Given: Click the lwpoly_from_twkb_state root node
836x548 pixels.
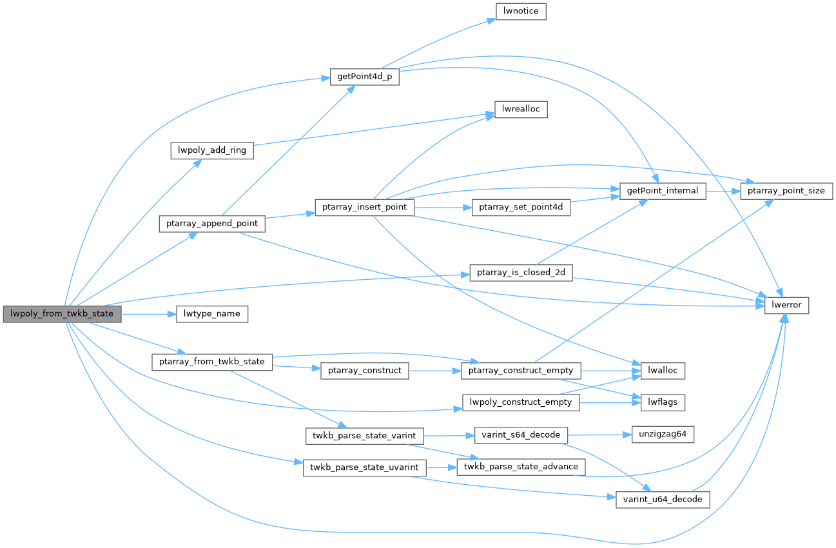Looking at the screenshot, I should point(62,314).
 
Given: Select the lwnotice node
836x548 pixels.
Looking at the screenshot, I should point(521,12).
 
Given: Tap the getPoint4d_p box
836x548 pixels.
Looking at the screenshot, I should point(364,77).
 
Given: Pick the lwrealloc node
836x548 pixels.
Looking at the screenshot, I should point(521,110).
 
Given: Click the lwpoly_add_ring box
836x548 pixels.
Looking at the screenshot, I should point(212,150).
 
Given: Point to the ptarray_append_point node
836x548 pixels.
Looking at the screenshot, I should point(211,224).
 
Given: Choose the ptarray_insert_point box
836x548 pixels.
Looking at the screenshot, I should point(364,208).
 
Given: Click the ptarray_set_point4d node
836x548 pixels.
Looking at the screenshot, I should point(521,208).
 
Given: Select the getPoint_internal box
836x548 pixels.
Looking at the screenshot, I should point(663,191).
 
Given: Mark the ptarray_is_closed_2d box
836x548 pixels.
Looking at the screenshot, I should point(521,273).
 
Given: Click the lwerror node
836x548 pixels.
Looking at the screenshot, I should point(786,306).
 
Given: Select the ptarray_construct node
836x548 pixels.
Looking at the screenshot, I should point(364,371).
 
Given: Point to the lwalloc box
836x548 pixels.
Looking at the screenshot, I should point(663,371).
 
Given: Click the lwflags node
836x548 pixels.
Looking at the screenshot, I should point(663,402).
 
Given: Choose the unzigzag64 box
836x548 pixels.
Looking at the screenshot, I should point(658,435).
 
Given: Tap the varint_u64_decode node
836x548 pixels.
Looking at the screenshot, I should point(663,500).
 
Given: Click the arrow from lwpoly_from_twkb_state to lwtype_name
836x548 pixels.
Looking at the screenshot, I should point(149,314).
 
